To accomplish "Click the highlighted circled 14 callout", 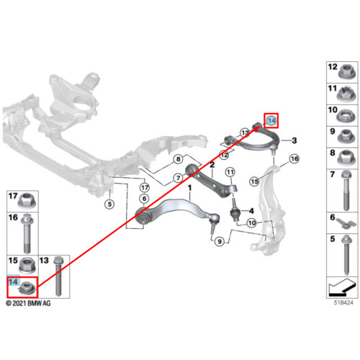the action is pyautogui.click(x=271, y=120).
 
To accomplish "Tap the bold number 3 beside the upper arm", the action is pyautogui.click(x=294, y=140).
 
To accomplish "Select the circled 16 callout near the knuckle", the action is pyautogui.click(x=294, y=158).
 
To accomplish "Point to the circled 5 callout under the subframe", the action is pyautogui.click(x=109, y=204).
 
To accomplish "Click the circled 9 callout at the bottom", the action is pyautogui.click(x=220, y=241).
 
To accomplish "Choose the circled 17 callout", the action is pyautogui.click(x=145, y=187).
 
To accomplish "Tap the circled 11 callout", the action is pyautogui.click(x=230, y=172).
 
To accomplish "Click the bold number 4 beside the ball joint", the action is pyautogui.click(x=251, y=211).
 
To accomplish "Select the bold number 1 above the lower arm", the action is pyautogui.click(x=189, y=188).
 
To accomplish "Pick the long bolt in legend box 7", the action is pyautogui.click(x=346, y=190).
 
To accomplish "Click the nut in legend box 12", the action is pyautogui.click(x=346, y=72).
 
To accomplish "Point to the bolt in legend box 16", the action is pyautogui.click(x=27, y=233).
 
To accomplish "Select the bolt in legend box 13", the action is pyautogui.click(x=58, y=276).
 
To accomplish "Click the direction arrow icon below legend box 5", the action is pyautogui.click(x=342, y=287).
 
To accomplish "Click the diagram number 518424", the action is pyautogui.click(x=343, y=302).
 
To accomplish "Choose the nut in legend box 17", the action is pyautogui.click(x=27, y=200).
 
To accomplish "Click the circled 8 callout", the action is pyautogui.click(x=178, y=159).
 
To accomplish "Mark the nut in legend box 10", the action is pyautogui.click(x=346, y=115).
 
